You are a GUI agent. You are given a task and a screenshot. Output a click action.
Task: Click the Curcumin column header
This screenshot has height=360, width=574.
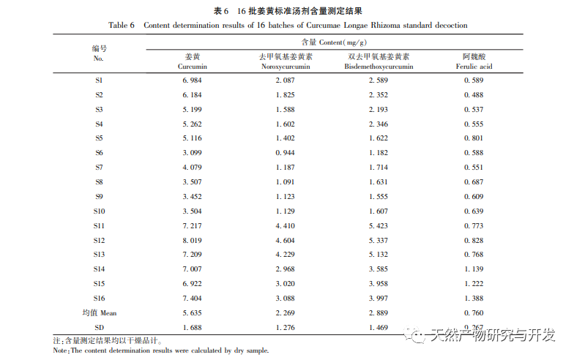click(x=191, y=61)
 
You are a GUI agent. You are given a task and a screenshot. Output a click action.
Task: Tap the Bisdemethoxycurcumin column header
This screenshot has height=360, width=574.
click(x=379, y=61)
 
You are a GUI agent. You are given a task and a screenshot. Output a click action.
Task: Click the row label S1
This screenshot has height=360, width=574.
click(x=99, y=80)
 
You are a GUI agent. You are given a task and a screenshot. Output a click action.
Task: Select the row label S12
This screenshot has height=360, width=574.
click(x=100, y=240)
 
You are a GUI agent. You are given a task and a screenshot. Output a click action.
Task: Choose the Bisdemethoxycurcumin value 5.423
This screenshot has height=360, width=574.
click(x=378, y=225)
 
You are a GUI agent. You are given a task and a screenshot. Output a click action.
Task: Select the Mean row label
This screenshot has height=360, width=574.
click(x=99, y=312)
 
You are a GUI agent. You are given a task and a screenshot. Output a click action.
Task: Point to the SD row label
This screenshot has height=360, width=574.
click(x=99, y=327)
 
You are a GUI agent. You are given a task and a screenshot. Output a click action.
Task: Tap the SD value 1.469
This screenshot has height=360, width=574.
click(x=378, y=327)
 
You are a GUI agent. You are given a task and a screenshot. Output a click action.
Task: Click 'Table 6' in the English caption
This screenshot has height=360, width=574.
click(x=122, y=26)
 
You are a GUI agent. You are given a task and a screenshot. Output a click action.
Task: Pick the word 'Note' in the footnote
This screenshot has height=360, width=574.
click(x=61, y=351)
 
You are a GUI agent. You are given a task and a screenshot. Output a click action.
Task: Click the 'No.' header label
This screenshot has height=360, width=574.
click(x=99, y=57)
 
